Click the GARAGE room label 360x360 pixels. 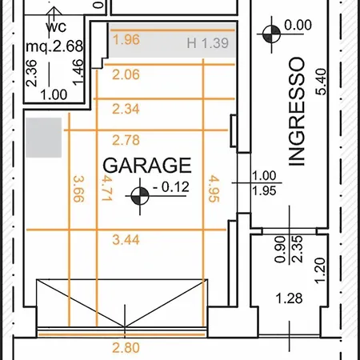pyautogui.click(x=147, y=166)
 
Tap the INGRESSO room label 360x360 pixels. pyautogui.click(x=297, y=111)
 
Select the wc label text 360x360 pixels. pyautogui.click(x=56, y=27)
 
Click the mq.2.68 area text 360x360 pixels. pyautogui.click(x=54, y=46)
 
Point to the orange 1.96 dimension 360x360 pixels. pyautogui.click(x=126, y=40)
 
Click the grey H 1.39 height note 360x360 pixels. pyautogui.click(x=208, y=43)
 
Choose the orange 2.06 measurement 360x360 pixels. pyautogui.click(x=126, y=74)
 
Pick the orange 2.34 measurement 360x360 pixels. pyautogui.click(x=126, y=109)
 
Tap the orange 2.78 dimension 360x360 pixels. pyautogui.click(x=126, y=140)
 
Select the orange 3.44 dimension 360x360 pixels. pyautogui.click(x=126, y=240)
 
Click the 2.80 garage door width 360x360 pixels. pyautogui.click(x=126, y=348)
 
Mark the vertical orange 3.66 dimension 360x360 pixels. pyautogui.click(x=78, y=189)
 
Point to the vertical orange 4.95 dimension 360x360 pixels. pyautogui.click(x=214, y=189)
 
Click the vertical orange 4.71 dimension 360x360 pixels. pyautogui.click(x=106, y=188)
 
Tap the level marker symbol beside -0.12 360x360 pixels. pyautogui.click(x=140, y=196)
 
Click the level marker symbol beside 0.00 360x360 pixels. pyautogui.click(x=271, y=34)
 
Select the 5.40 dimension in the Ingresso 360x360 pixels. pyautogui.click(x=321, y=82)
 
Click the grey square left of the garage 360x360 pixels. pyautogui.click(x=44, y=138)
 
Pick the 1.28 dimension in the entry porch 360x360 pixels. pyautogui.click(x=289, y=298)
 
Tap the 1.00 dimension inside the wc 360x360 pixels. pyautogui.click(x=54, y=95)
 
